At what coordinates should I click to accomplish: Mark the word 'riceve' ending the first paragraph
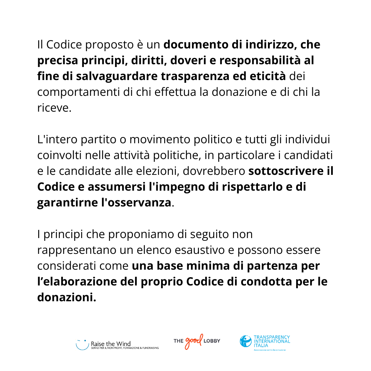pyautogui.click(x=53, y=108)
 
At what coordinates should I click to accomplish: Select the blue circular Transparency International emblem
pyautogui.click(x=246, y=341)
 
